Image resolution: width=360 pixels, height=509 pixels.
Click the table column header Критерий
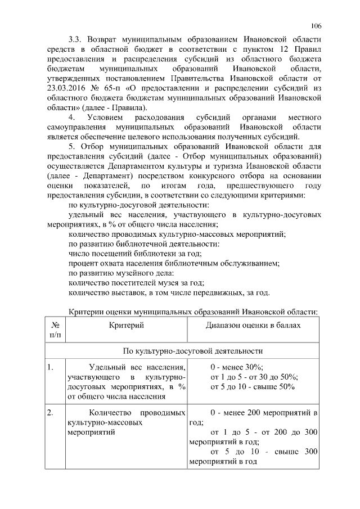click(x=127, y=326)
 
